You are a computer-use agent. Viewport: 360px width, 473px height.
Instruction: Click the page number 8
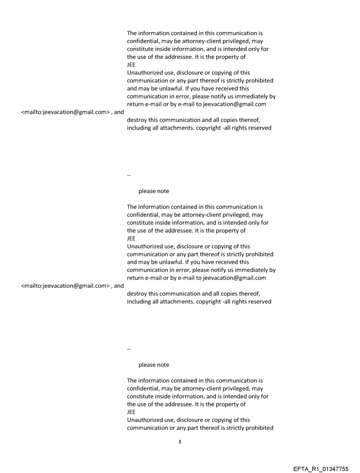coord(180,442)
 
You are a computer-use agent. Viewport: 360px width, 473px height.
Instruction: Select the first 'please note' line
coord(154,191)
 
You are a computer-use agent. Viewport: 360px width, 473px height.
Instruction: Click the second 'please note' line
coord(154,365)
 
